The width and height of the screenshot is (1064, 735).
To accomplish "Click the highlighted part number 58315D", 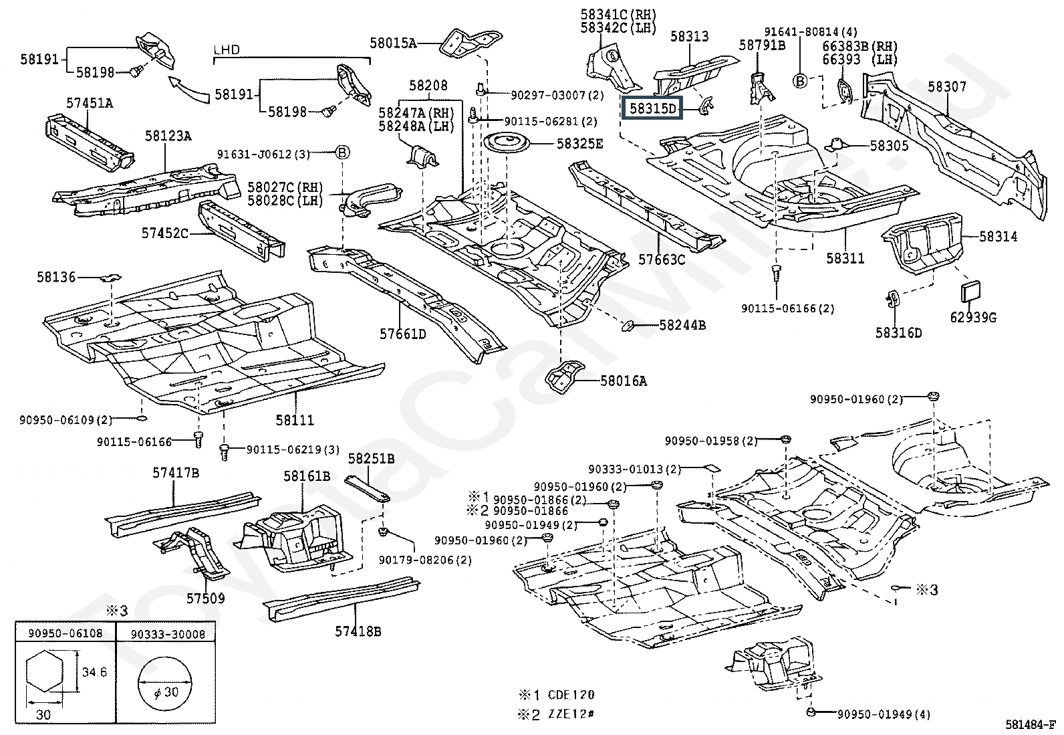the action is (x=653, y=109).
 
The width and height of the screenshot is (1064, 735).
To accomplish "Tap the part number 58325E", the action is (x=579, y=144).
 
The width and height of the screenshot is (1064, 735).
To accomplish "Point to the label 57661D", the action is (x=403, y=334).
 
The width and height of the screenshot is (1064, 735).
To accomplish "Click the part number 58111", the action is (x=295, y=420).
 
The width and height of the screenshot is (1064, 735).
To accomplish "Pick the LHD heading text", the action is (x=227, y=50).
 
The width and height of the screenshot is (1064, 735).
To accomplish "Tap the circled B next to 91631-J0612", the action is (x=342, y=152).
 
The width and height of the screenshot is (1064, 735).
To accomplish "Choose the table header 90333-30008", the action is (x=168, y=634).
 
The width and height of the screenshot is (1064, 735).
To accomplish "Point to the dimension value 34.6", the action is (x=94, y=671).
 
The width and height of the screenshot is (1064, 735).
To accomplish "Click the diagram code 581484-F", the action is (x=1031, y=724).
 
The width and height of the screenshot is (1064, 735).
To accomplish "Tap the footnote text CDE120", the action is (x=571, y=695).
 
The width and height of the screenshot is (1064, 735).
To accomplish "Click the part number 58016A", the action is (x=623, y=381).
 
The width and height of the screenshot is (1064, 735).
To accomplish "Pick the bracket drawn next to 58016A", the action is (x=565, y=377).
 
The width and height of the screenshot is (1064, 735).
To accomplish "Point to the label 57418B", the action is (x=358, y=631).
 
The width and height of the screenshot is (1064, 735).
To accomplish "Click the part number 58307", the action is (x=946, y=86).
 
